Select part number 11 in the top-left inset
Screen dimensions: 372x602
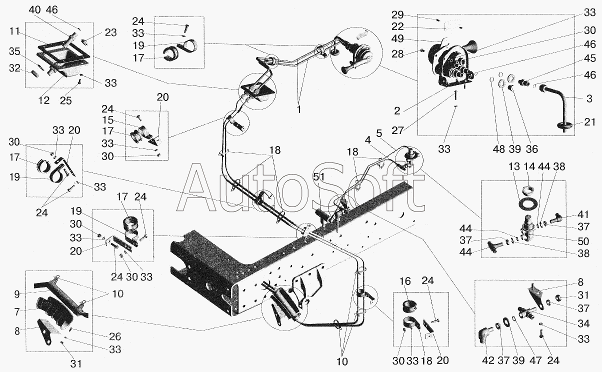click(x=14, y=31)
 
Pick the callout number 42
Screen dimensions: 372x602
click(x=488, y=360)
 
